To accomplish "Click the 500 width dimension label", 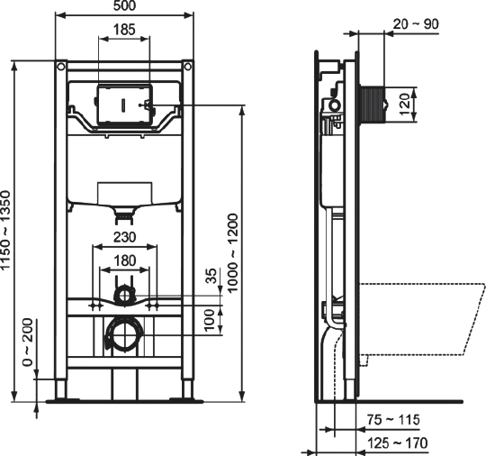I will tap(125, 8).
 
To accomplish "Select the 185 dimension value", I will tap(126, 31).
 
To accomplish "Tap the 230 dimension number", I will tap(126, 238).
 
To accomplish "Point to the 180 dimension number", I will tap(126, 260).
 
